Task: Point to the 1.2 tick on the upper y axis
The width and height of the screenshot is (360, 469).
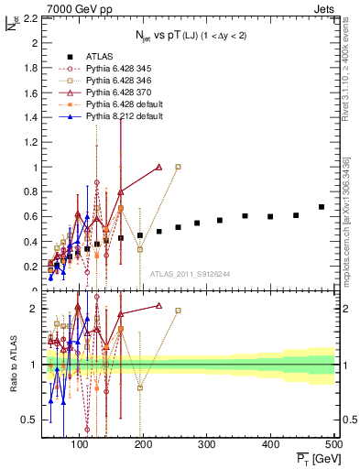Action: pyautogui.click(x=30, y=143)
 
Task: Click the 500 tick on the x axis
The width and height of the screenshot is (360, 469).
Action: pyautogui.click(x=334, y=444)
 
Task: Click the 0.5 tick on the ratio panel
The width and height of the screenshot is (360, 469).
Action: pyautogui.click(x=30, y=420)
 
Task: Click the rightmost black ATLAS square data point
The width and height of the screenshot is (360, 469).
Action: pyautogui.click(x=322, y=207)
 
